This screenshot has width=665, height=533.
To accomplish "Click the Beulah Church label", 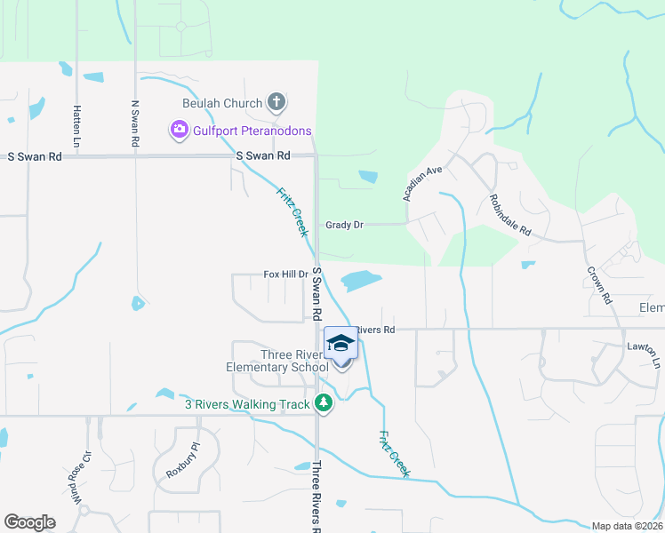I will click(222, 103).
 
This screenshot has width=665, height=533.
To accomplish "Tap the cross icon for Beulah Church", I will click(276, 102).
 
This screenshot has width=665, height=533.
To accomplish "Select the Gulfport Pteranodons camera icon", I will click(179, 131).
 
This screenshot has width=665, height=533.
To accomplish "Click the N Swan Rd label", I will click(135, 123).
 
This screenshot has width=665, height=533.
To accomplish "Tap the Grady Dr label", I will click(345, 226).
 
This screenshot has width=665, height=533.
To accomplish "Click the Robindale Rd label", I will click(509, 215).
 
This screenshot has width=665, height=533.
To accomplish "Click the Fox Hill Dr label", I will click(284, 274).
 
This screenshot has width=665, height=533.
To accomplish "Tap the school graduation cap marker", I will click(340, 344).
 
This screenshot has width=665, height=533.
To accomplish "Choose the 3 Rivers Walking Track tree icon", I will click(324, 404).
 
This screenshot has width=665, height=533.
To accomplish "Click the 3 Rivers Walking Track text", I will click(247, 404).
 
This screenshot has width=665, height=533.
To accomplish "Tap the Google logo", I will click(29, 522).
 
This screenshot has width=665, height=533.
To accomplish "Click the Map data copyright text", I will click(628, 526).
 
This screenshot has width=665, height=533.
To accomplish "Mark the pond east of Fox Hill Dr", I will click(360, 281).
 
